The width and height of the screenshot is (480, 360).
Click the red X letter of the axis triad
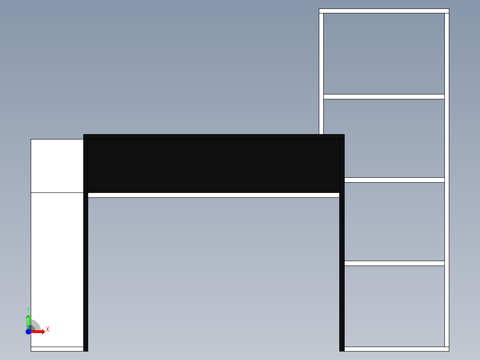click(48, 330)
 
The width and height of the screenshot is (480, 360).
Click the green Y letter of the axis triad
click(28, 310)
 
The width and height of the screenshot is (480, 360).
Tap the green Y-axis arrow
click(28, 322)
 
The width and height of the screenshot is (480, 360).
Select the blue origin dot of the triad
click(28, 332)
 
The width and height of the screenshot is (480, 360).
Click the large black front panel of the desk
click(214, 166)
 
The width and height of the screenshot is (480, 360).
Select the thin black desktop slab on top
click(214, 137)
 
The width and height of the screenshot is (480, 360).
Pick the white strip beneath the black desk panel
click(214, 195)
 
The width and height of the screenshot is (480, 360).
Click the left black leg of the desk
click(85, 245)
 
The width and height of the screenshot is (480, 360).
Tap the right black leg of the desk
click(342, 245)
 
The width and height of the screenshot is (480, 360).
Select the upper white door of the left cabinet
click(57, 166)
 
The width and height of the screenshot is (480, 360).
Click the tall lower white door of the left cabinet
click(57, 270)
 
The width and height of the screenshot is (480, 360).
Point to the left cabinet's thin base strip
click(57, 349)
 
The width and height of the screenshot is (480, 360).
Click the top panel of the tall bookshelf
click(384, 11)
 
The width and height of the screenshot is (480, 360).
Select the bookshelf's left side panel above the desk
click(321, 74)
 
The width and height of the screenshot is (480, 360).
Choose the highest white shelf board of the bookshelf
click(384, 97)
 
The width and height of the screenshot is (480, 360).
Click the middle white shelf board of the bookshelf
click(395, 180)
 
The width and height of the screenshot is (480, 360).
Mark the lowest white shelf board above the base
click(395, 263)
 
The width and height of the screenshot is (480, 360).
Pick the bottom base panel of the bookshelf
click(397, 349)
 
